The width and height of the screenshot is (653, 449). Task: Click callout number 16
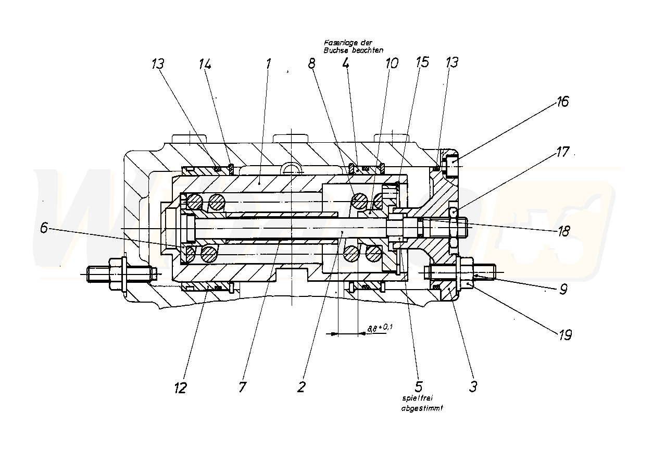[562, 102]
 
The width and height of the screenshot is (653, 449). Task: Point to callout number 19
[564, 334]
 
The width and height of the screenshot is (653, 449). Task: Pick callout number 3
[473, 386]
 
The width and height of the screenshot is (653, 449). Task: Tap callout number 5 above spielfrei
[417, 386]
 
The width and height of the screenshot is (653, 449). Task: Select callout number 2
[301, 386]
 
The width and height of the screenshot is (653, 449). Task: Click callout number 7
[243, 387]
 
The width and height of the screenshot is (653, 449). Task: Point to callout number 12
[180, 388]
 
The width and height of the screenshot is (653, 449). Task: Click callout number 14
[205, 64]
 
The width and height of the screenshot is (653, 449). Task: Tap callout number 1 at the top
[268, 64]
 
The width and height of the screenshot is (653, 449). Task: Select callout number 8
[311, 64]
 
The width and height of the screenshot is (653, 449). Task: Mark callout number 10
[391, 64]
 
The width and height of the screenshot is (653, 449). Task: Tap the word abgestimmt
[422, 408]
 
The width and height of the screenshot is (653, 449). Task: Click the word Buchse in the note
[334, 51]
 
